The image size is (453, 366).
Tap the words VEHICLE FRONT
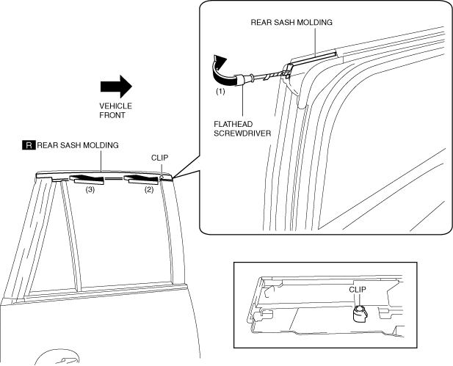(115, 110)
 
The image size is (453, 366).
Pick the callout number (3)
(90, 189)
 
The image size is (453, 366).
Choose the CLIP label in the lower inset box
(358, 290)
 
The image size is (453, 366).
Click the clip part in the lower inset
(359, 315)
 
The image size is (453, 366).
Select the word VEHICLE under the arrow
(115, 106)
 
